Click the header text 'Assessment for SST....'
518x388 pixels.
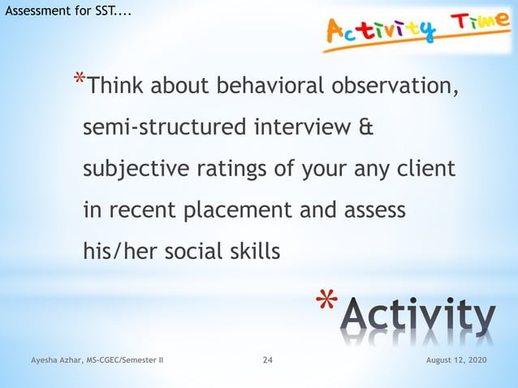tap(66, 11)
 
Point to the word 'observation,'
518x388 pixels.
tap(398, 85)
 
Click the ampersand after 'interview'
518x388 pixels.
tap(366, 127)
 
